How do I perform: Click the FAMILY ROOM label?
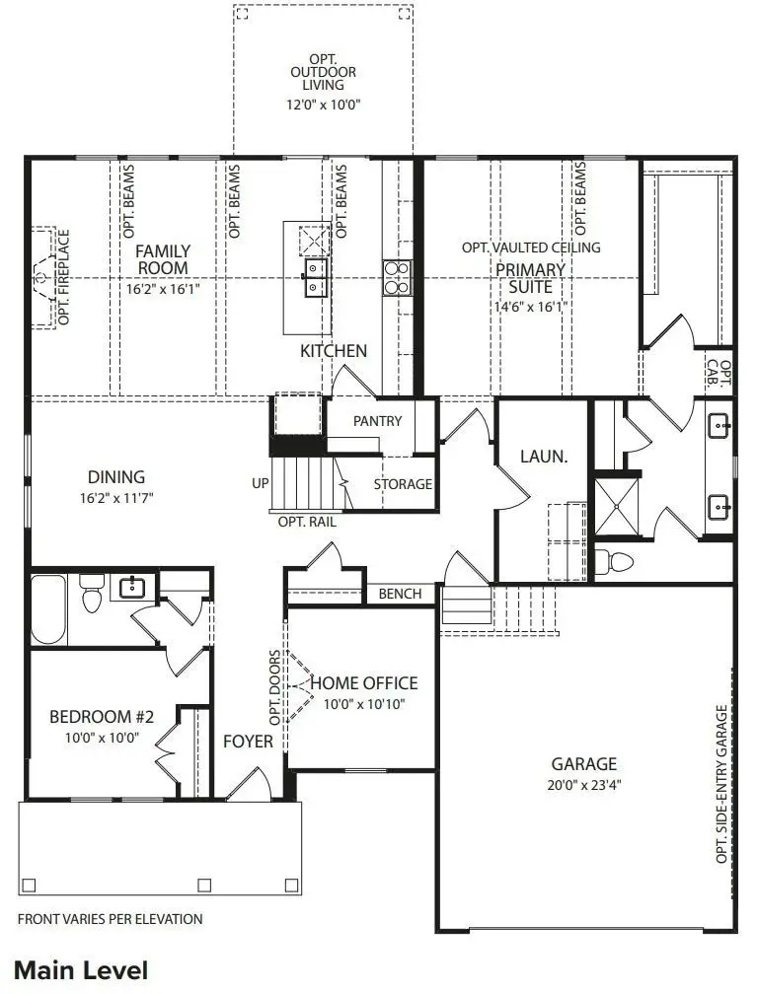163,259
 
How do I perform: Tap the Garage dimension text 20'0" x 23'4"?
583,785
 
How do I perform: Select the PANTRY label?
377,421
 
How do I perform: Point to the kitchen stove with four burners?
397,276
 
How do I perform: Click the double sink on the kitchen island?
317,277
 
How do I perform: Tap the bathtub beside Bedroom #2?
48,607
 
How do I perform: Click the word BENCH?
400,594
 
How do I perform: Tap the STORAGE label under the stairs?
403,484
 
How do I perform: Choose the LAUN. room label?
544,457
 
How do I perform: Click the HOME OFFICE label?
364,683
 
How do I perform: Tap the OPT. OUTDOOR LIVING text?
324,72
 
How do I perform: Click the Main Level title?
81,969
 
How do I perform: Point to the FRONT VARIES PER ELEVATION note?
111,919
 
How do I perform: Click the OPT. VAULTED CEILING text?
531,248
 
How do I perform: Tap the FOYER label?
248,741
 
